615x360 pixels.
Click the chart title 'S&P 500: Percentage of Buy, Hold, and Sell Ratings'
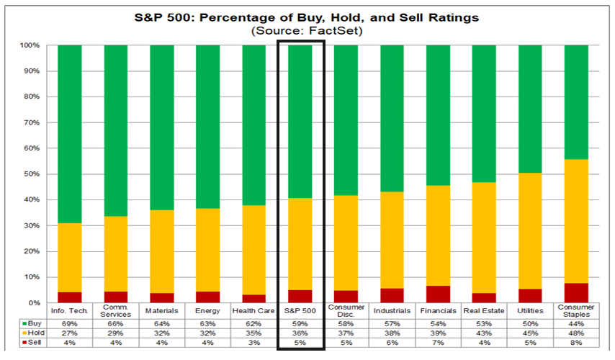[x=307, y=18]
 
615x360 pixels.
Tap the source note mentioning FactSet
[x=307, y=30]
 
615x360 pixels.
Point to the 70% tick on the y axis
[x=30, y=122]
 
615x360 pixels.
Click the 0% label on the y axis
[x=34, y=302]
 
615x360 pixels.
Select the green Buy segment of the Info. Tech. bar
[x=69, y=134]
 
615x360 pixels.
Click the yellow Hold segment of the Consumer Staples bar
[x=576, y=221]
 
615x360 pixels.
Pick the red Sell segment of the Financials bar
[x=438, y=294]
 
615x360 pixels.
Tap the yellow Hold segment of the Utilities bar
[x=530, y=231]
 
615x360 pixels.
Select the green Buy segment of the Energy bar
[x=207, y=127]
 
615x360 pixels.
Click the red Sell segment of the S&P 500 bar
[x=300, y=297]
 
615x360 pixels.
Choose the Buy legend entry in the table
[x=32, y=323]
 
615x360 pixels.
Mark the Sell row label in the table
[x=32, y=342]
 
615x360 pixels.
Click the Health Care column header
[x=253, y=310]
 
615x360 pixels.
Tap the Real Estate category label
[x=484, y=310]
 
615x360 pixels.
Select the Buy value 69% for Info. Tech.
[x=69, y=324]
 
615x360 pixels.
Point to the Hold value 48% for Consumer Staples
[x=576, y=333]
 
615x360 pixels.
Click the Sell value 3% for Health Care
[x=253, y=343]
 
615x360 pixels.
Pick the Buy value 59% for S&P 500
[x=300, y=324]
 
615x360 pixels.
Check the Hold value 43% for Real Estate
[x=484, y=333]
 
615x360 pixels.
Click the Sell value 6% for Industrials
[x=392, y=343]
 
